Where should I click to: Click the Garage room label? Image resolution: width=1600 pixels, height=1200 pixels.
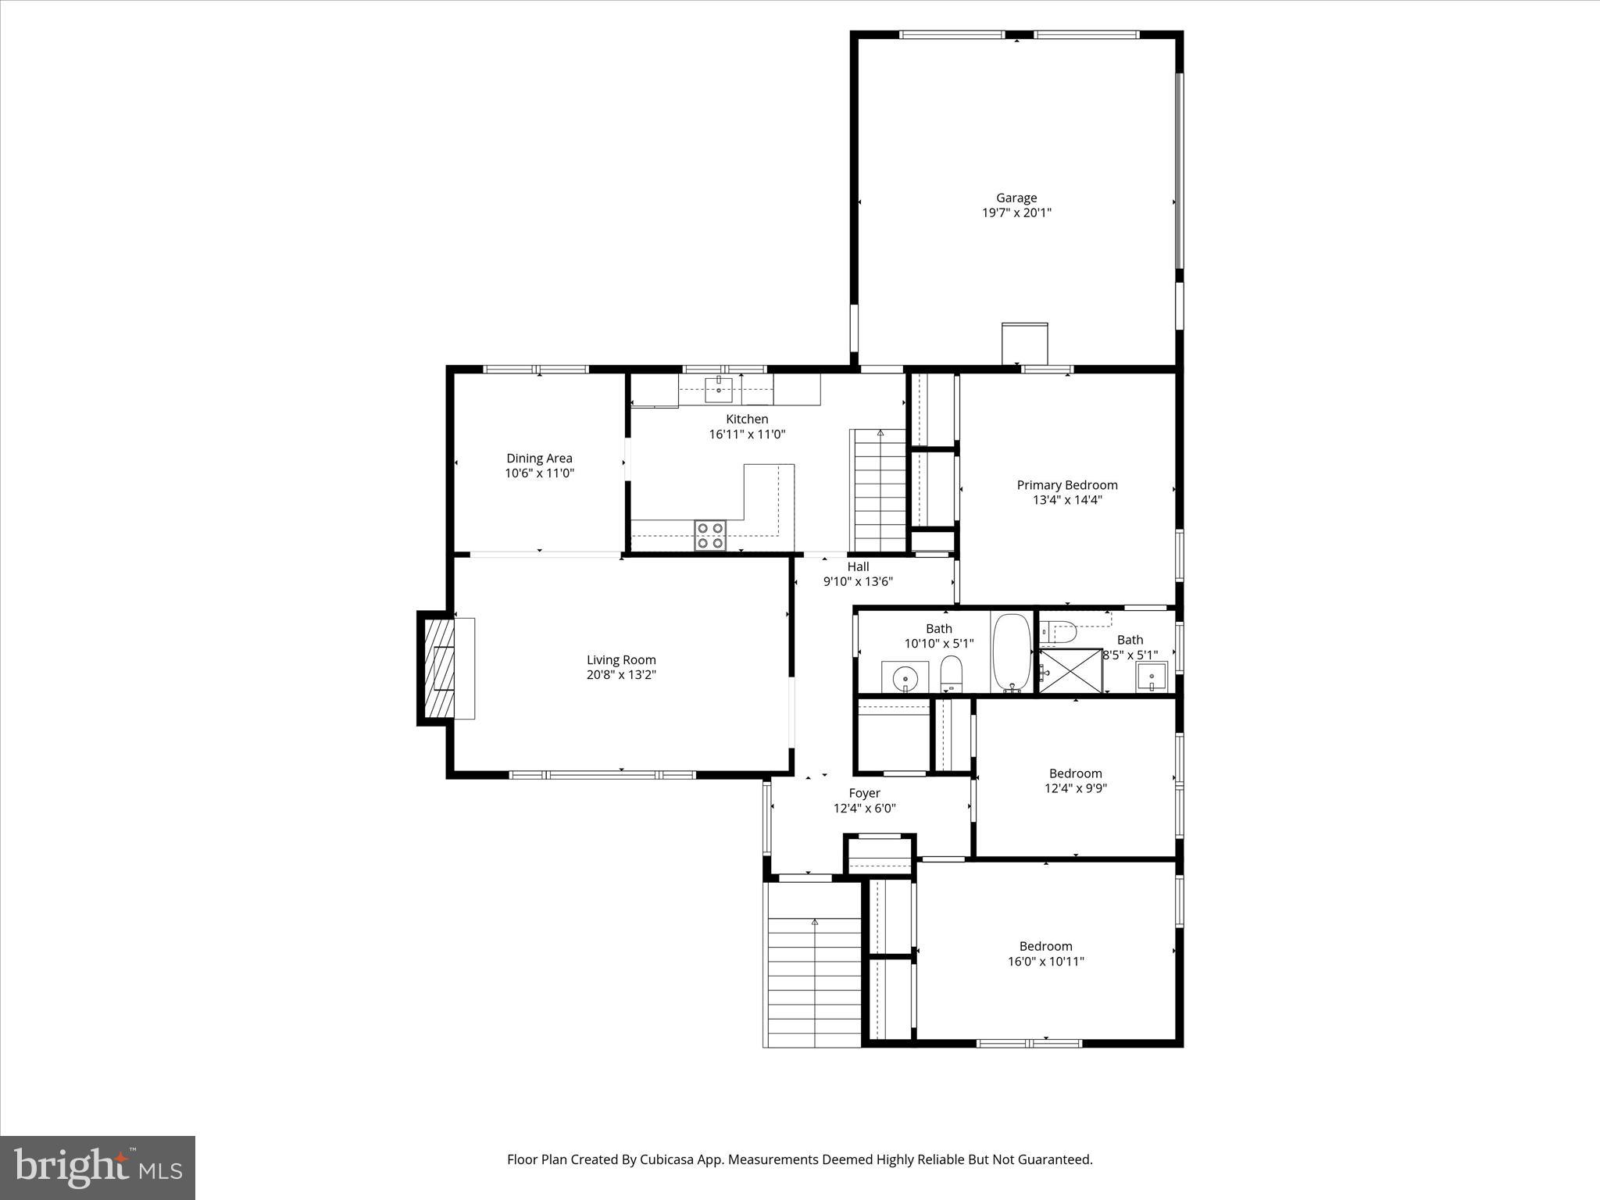point(1016,198)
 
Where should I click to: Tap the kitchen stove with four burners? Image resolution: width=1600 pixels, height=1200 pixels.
point(710,536)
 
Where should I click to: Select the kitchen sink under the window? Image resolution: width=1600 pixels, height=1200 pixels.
point(718,388)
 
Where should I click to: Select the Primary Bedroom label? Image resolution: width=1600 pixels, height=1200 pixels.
point(1066,485)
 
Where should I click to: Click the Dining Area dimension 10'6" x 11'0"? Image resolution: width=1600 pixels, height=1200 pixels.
point(539,473)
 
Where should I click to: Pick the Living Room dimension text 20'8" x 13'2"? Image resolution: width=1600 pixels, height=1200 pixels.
point(621,675)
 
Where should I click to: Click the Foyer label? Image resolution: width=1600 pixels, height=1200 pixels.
point(864,793)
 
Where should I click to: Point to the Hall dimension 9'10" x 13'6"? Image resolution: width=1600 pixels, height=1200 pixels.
point(858,581)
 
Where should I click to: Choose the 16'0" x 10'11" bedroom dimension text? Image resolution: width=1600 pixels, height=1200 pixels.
point(1045,962)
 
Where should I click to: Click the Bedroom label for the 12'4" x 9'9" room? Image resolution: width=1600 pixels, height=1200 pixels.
point(1075,773)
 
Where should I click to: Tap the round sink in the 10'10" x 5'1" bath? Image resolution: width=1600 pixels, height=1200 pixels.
point(905,677)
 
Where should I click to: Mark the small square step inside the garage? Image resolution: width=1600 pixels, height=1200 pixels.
point(1024,343)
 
